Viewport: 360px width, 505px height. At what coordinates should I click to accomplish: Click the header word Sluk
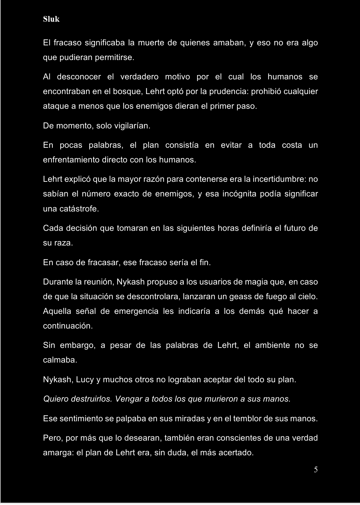click(51, 19)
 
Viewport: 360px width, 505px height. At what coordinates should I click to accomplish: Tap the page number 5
click(316, 470)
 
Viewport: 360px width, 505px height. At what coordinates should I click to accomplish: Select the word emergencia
click(136, 311)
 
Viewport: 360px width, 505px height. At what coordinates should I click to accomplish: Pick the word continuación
click(68, 326)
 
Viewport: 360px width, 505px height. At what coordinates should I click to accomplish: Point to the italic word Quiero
click(56, 399)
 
